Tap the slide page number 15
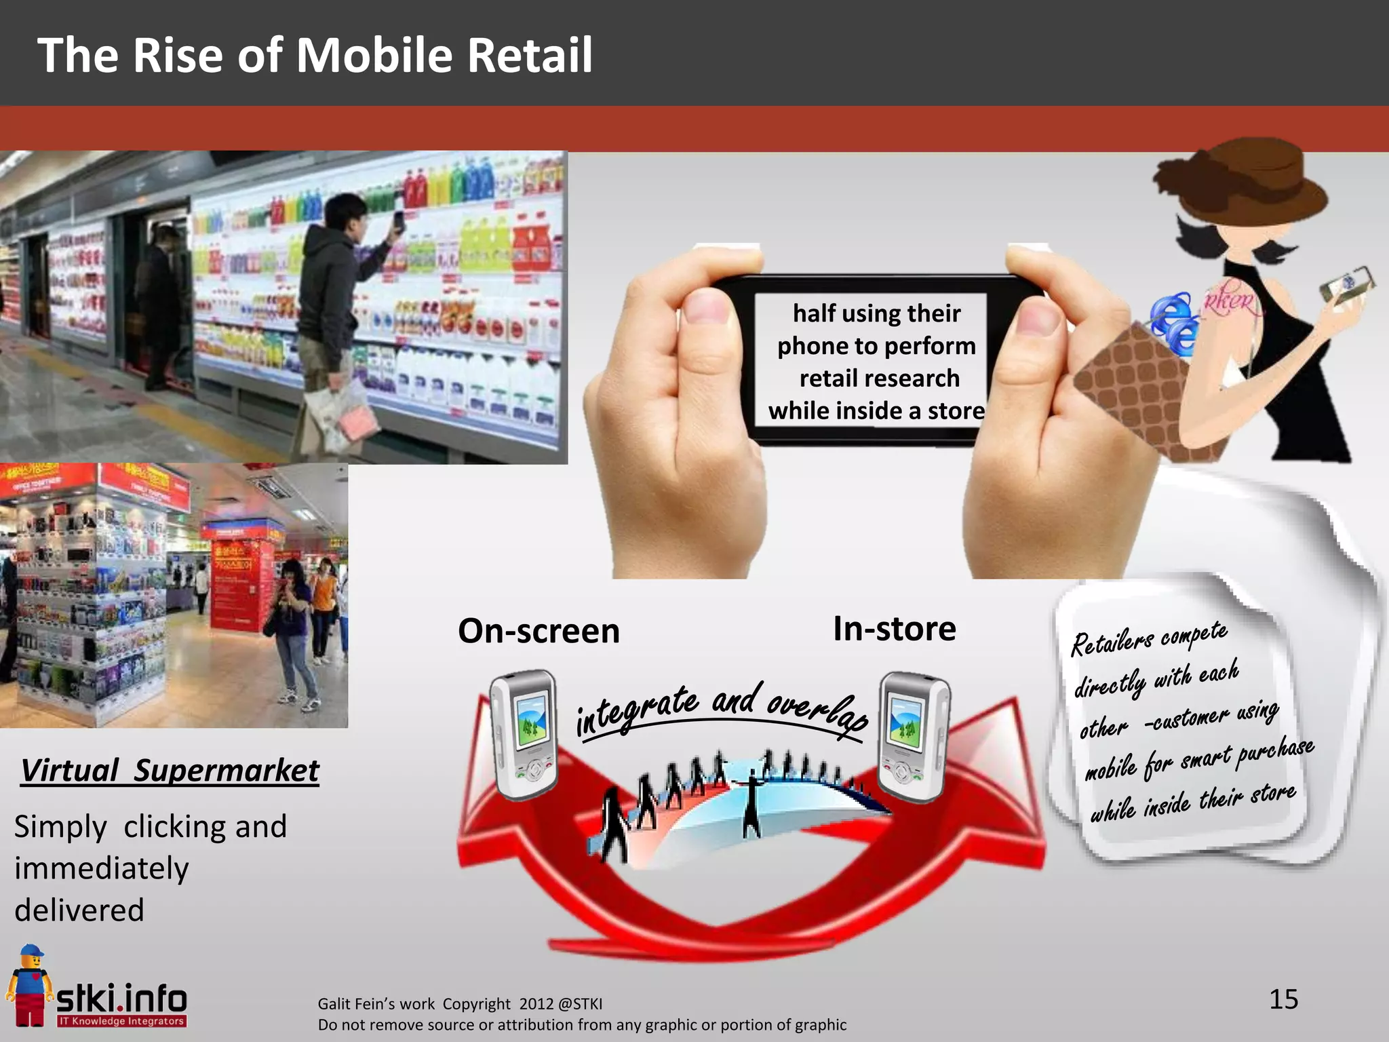pos(1283,999)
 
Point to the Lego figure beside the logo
pos(28,984)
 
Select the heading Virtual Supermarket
pos(170,771)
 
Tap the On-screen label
pos(539,631)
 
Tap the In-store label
pos(894,629)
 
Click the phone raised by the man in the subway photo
pos(399,223)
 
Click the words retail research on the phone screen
pos(879,379)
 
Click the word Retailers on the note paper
pos(1112,641)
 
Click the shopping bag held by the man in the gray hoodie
pos(339,414)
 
